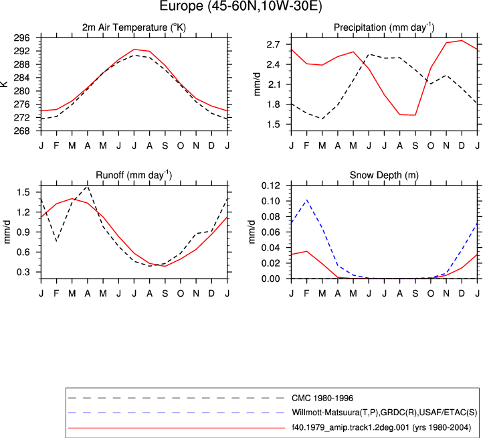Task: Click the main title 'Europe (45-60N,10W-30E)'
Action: (x=241, y=6)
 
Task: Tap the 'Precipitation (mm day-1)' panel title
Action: (x=384, y=27)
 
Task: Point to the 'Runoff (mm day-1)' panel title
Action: (x=134, y=175)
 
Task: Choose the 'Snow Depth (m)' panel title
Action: (x=384, y=175)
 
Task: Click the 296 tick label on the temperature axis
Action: (x=22, y=38)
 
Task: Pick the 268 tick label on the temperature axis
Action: (x=22, y=131)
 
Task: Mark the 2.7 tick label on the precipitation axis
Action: (x=273, y=44)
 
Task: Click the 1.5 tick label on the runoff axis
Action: (x=23, y=192)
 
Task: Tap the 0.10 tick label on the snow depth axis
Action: (x=271, y=201)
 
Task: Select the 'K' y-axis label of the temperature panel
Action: (x=4, y=84)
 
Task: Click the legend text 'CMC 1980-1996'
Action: (x=322, y=398)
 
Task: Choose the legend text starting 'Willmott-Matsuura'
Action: (x=385, y=413)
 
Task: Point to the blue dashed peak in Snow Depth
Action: (x=307, y=200)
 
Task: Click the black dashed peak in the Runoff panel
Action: (x=88, y=186)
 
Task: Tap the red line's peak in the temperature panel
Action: (x=134, y=50)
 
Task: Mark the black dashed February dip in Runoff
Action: (x=56, y=241)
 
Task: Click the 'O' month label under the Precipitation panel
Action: (x=431, y=145)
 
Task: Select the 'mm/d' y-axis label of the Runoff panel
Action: (x=7, y=232)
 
